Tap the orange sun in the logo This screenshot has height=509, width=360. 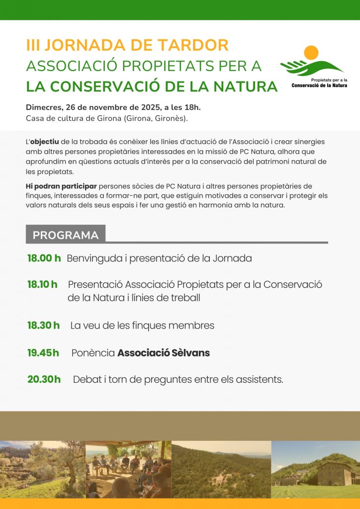(311, 53)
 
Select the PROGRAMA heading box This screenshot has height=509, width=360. (66, 235)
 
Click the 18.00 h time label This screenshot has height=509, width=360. (44, 258)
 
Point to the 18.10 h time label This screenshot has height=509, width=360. (42, 284)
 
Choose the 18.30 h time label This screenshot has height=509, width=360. (44, 326)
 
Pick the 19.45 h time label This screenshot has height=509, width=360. (43, 353)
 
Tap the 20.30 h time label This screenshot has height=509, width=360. (44, 379)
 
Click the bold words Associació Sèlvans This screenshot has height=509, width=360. (164, 353)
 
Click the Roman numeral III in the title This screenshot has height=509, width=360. (33, 45)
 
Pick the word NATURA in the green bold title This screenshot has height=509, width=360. (245, 86)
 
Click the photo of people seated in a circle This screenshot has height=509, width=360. (128, 470)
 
